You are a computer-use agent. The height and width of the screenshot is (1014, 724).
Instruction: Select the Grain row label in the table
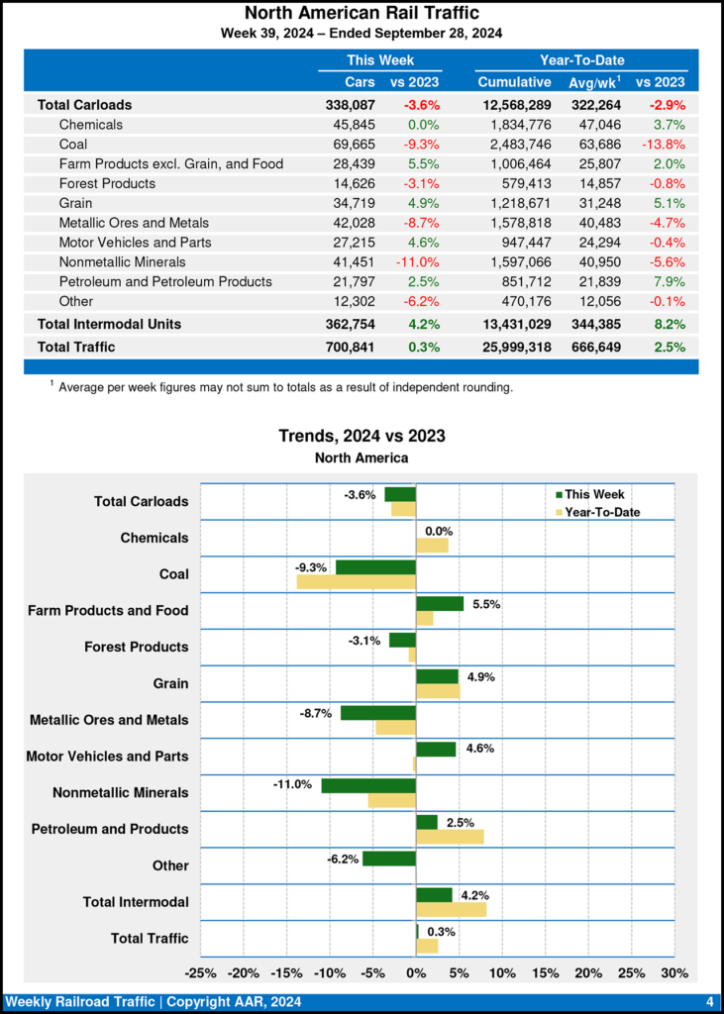[77, 203]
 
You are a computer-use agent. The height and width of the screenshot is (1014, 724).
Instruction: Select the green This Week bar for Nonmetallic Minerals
[368, 785]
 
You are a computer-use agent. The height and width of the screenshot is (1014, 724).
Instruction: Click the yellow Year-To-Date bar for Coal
[357, 581]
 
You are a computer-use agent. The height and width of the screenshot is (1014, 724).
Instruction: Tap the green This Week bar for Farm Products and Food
[440, 603]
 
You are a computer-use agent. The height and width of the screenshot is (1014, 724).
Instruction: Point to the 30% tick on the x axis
[673, 972]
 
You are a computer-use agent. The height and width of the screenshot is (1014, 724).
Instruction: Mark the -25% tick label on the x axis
[201, 972]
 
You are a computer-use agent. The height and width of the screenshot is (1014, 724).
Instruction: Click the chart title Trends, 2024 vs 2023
[362, 436]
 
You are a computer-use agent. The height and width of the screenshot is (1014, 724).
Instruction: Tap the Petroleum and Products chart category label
[110, 829]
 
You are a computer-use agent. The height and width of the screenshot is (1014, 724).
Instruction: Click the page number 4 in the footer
[710, 1001]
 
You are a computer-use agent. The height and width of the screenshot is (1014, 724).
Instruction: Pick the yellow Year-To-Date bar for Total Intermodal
[451, 909]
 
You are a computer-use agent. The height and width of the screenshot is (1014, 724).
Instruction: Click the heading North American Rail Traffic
[362, 13]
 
